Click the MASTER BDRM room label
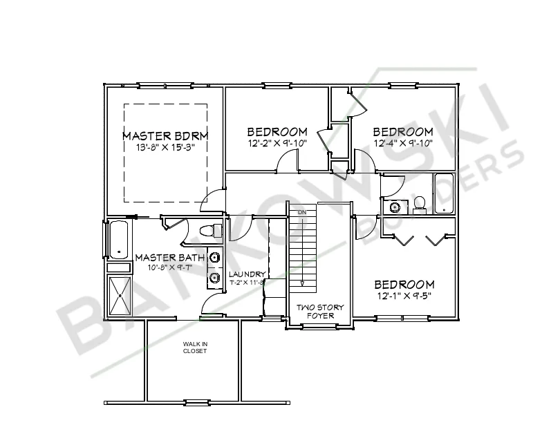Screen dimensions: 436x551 pyautogui.click(x=165, y=135)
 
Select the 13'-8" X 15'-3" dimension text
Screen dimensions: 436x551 pyautogui.click(x=165, y=147)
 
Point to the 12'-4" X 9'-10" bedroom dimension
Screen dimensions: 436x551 pyautogui.click(x=403, y=143)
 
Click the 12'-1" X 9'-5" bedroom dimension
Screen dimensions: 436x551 pyautogui.click(x=404, y=296)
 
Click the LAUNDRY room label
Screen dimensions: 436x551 pyautogui.click(x=247, y=274)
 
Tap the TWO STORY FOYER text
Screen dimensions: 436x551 pyautogui.click(x=320, y=311)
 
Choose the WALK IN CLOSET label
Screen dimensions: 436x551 pyautogui.click(x=194, y=348)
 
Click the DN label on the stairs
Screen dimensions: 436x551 pyautogui.click(x=301, y=211)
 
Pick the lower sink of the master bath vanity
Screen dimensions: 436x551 pyautogui.click(x=214, y=279)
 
